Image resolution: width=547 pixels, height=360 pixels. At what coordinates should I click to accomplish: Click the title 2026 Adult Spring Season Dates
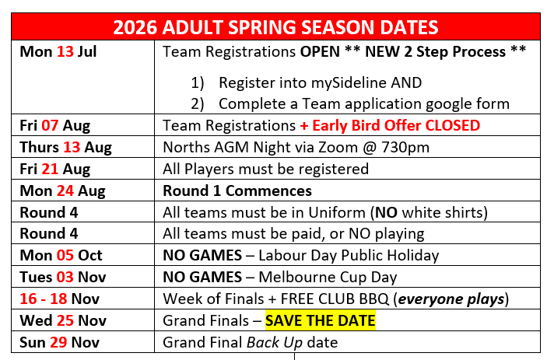pyautogui.click(x=275, y=27)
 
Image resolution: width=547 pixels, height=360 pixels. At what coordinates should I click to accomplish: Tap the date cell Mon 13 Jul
pyautogui.click(x=58, y=51)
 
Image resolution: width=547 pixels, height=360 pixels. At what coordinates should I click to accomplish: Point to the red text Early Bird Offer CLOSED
pyautogui.click(x=396, y=125)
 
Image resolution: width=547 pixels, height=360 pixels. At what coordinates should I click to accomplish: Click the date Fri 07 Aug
pyautogui.click(x=55, y=126)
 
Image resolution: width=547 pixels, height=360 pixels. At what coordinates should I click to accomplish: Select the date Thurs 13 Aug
pyautogui.click(x=66, y=148)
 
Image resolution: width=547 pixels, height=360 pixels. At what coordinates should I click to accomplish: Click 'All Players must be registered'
pyautogui.click(x=266, y=169)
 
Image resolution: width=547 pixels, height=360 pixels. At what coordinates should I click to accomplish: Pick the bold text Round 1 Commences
pyautogui.click(x=237, y=190)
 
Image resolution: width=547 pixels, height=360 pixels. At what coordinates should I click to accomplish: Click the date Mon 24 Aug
pyautogui.click(x=63, y=191)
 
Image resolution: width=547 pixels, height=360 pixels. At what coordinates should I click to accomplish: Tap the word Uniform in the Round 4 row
pyautogui.click(x=337, y=212)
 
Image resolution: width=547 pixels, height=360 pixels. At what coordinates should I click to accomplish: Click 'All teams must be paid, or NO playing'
pyautogui.click(x=294, y=234)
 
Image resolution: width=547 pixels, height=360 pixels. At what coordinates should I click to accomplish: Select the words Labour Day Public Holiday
pyautogui.click(x=349, y=256)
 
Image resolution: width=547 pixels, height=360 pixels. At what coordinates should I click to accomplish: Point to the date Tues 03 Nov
pyautogui.click(x=63, y=278)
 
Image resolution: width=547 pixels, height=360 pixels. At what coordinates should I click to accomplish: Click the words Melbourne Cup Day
pyautogui.click(x=328, y=278)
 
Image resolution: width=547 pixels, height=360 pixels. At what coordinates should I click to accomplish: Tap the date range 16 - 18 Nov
pyautogui.click(x=60, y=299)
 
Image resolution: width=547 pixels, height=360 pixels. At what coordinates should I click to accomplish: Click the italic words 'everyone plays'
pyautogui.click(x=451, y=299)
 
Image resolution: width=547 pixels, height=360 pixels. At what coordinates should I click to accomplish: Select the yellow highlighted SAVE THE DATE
pyautogui.click(x=321, y=320)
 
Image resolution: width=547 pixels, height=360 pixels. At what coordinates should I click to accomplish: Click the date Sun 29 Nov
pyautogui.click(x=60, y=342)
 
